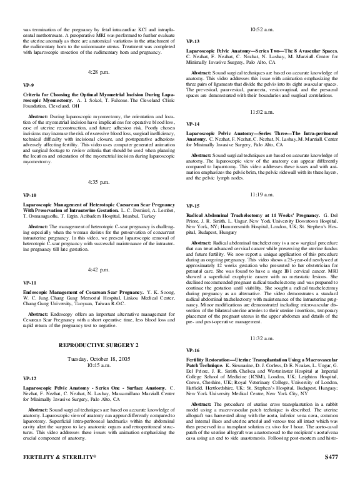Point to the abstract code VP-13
pyautogui.click(x=192, y=41)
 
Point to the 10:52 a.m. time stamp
pyautogui.click(x=262, y=29)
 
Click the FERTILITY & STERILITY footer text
pyautogui.click(x=49, y=475)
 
